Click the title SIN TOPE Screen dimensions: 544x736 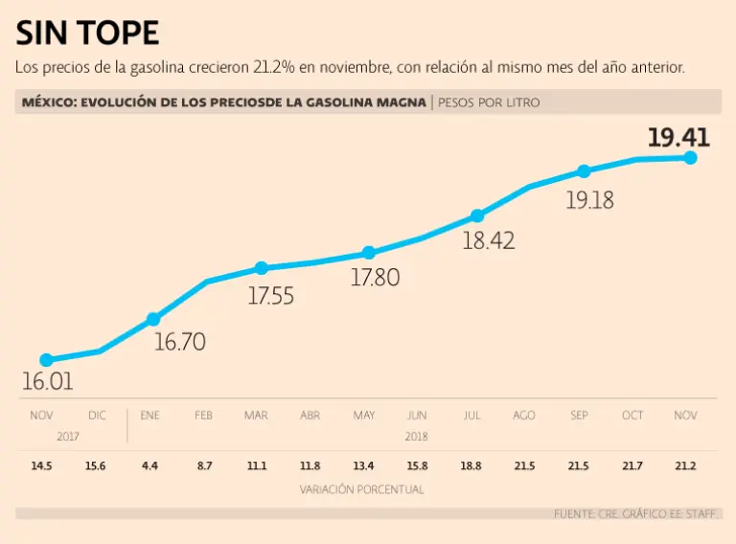click(x=87, y=34)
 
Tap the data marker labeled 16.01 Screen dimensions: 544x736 click(x=46, y=360)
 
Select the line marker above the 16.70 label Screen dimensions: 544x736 click(x=153, y=319)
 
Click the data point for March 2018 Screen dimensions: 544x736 click(x=261, y=268)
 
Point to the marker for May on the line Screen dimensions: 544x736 click(x=369, y=253)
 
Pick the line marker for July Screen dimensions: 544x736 click(x=477, y=215)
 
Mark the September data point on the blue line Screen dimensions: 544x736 click(x=584, y=171)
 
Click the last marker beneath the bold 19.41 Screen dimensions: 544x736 click(x=690, y=157)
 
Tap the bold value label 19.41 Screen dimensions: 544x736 click(x=678, y=137)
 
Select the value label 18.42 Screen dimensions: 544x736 click(x=489, y=240)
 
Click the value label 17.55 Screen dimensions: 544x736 click(x=270, y=296)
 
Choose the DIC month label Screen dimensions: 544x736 click(x=98, y=416)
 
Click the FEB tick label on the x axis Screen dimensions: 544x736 click(x=203, y=416)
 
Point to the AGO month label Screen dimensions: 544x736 click(x=524, y=416)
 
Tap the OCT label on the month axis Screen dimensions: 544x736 click(x=632, y=416)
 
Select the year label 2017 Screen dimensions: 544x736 click(x=67, y=436)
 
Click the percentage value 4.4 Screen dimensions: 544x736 click(x=149, y=465)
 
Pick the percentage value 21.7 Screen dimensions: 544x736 click(x=632, y=465)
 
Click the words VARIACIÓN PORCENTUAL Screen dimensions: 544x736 click(x=362, y=489)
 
